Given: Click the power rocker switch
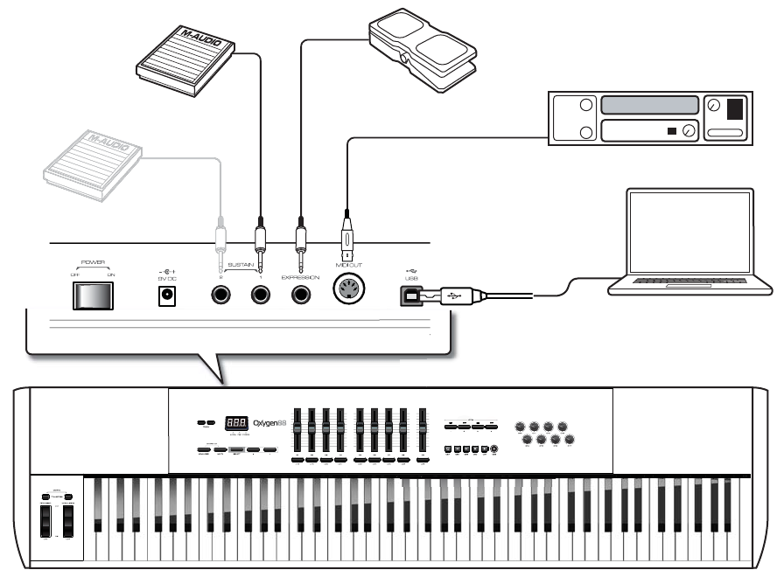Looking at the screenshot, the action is (x=93, y=297).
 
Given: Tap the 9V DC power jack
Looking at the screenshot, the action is (x=164, y=296).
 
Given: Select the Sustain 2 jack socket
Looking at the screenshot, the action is (x=220, y=295).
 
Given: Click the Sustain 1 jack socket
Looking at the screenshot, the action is (x=260, y=295).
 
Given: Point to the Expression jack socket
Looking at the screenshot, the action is (x=301, y=295).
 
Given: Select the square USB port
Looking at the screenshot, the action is (x=409, y=296).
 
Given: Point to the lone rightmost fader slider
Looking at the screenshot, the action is (x=423, y=430).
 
